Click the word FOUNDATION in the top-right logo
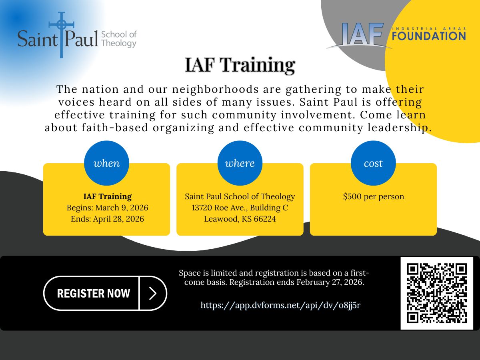(429, 36)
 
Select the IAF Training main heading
(240, 65)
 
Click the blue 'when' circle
(106, 163)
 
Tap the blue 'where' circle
(240, 163)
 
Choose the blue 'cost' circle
(373, 163)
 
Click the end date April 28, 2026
(119, 219)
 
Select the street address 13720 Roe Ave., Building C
(240, 208)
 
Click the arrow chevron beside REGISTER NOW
(153, 293)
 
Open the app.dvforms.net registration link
(280, 305)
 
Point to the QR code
(437, 293)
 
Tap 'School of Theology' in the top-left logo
(119, 39)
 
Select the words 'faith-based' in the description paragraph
(95, 128)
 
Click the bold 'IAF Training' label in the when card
(107, 197)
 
